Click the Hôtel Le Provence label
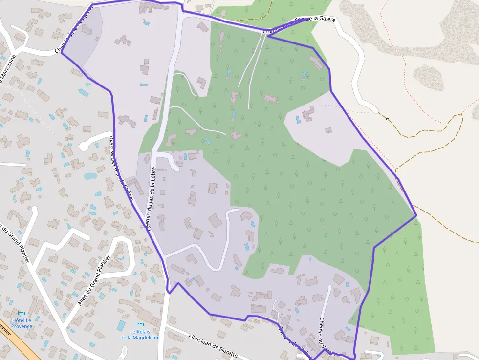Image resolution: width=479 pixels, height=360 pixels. [22, 323]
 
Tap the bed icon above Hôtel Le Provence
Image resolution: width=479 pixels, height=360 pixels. [21, 313]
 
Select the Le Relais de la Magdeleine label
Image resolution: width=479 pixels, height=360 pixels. [140, 334]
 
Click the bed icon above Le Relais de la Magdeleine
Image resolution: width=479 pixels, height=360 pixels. [140, 324]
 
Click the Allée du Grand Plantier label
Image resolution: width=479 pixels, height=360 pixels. [96, 282]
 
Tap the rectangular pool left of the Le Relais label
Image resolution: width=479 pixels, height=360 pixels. [120, 326]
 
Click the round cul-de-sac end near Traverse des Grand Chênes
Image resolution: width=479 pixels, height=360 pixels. [84, 146]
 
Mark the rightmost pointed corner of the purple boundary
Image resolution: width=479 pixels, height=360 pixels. [416, 215]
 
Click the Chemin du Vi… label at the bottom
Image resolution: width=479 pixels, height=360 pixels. [325, 332]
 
